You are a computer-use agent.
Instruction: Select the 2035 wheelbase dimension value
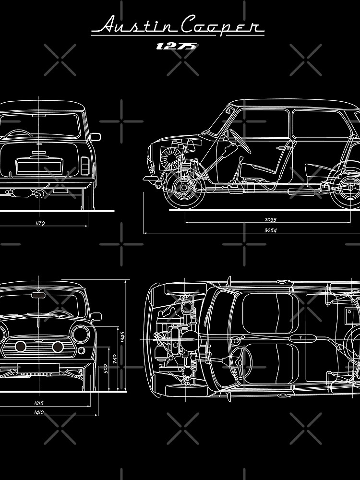click(270, 220)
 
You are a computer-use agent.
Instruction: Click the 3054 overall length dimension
click(270, 230)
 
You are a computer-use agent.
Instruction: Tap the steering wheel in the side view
click(240, 141)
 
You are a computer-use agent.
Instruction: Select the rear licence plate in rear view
click(39, 167)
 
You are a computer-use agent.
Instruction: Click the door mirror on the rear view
click(95, 137)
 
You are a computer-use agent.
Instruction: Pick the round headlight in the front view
click(80, 334)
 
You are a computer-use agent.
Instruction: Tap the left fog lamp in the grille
click(21, 347)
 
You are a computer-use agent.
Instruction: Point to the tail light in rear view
click(85, 165)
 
